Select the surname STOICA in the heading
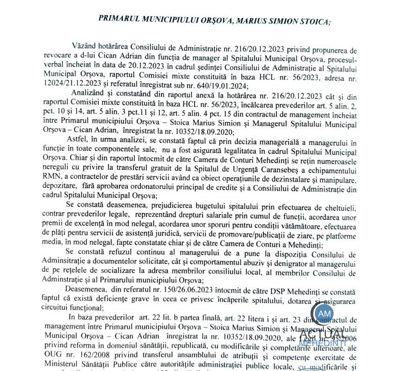pos(314,17)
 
